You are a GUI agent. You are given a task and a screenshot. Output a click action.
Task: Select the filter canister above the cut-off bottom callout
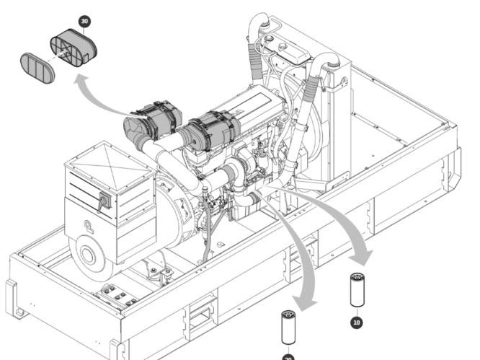(289, 328)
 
